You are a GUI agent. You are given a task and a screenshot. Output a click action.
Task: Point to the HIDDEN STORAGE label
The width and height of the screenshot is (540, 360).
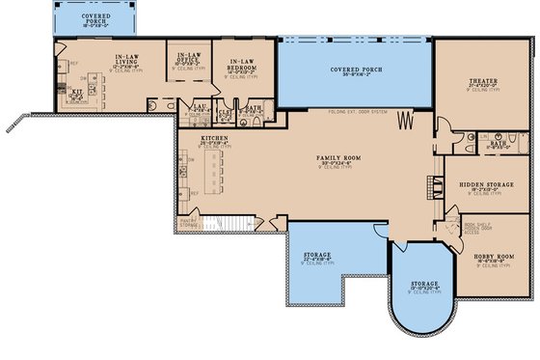click(485, 183)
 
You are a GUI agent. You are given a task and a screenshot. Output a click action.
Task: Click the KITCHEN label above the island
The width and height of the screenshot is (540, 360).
click(213, 138)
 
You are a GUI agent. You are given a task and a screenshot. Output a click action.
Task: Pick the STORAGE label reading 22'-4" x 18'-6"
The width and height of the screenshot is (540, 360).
click(318, 257)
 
